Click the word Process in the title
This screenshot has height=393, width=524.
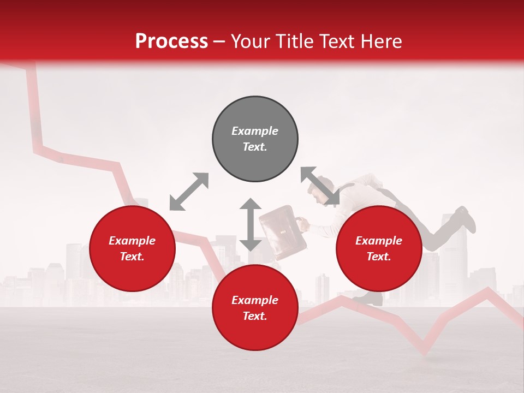(x=171, y=41)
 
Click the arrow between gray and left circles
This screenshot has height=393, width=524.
(x=189, y=192)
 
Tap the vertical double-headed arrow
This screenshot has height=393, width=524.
(x=251, y=224)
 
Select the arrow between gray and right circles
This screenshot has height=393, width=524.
(x=320, y=186)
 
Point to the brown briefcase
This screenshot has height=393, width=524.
(x=281, y=232)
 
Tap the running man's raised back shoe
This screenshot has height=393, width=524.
(x=466, y=218)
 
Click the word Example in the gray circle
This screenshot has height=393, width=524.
(x=255, y=131)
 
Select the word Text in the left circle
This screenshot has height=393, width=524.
(x=132, y=257)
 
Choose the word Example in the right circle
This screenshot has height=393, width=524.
(x=379, y=241)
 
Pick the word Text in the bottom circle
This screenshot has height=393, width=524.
(x=255, y=316)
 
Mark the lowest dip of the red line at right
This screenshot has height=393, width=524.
(x=424, y=349)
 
